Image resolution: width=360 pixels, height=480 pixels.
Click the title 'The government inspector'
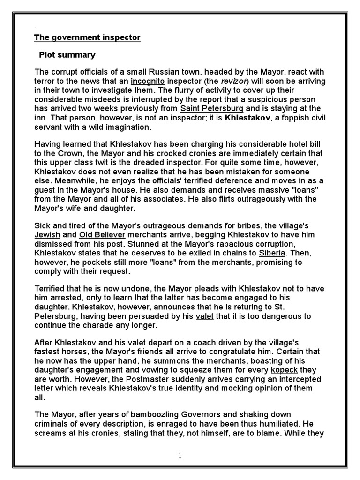pos(88,37)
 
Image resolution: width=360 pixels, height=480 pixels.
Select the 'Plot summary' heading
pos(67,55)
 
